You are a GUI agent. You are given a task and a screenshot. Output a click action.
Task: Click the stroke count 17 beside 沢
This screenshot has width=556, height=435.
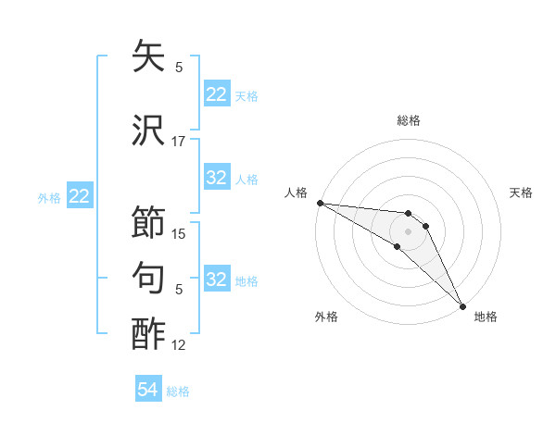coord(179,142)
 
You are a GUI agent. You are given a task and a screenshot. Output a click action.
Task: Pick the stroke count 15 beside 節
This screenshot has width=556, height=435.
coord(179,234)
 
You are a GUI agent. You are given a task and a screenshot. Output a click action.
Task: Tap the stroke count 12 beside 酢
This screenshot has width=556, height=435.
coord(179,345)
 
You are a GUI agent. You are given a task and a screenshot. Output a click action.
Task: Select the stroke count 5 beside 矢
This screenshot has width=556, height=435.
coord(179,68)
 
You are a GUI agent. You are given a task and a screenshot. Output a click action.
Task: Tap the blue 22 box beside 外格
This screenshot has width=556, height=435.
coord(80,196)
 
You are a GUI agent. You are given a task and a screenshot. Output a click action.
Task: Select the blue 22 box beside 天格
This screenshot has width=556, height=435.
coord(217,94)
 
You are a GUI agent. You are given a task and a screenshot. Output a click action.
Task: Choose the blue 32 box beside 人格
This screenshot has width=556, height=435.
coord(217,178)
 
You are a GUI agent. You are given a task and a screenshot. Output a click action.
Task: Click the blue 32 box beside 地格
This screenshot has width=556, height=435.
coord(217,280)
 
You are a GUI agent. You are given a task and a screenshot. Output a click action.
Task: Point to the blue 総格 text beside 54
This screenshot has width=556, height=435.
coord(178,391)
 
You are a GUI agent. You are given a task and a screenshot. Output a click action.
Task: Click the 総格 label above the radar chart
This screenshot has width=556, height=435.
coord(408,120)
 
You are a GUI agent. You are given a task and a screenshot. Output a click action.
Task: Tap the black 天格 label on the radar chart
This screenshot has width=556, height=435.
coord(522,193)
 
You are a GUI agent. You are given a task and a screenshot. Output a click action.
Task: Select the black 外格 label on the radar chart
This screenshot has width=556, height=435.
coord(326,317)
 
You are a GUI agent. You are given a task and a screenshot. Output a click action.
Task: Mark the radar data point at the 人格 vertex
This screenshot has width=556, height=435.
coord(320,203)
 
